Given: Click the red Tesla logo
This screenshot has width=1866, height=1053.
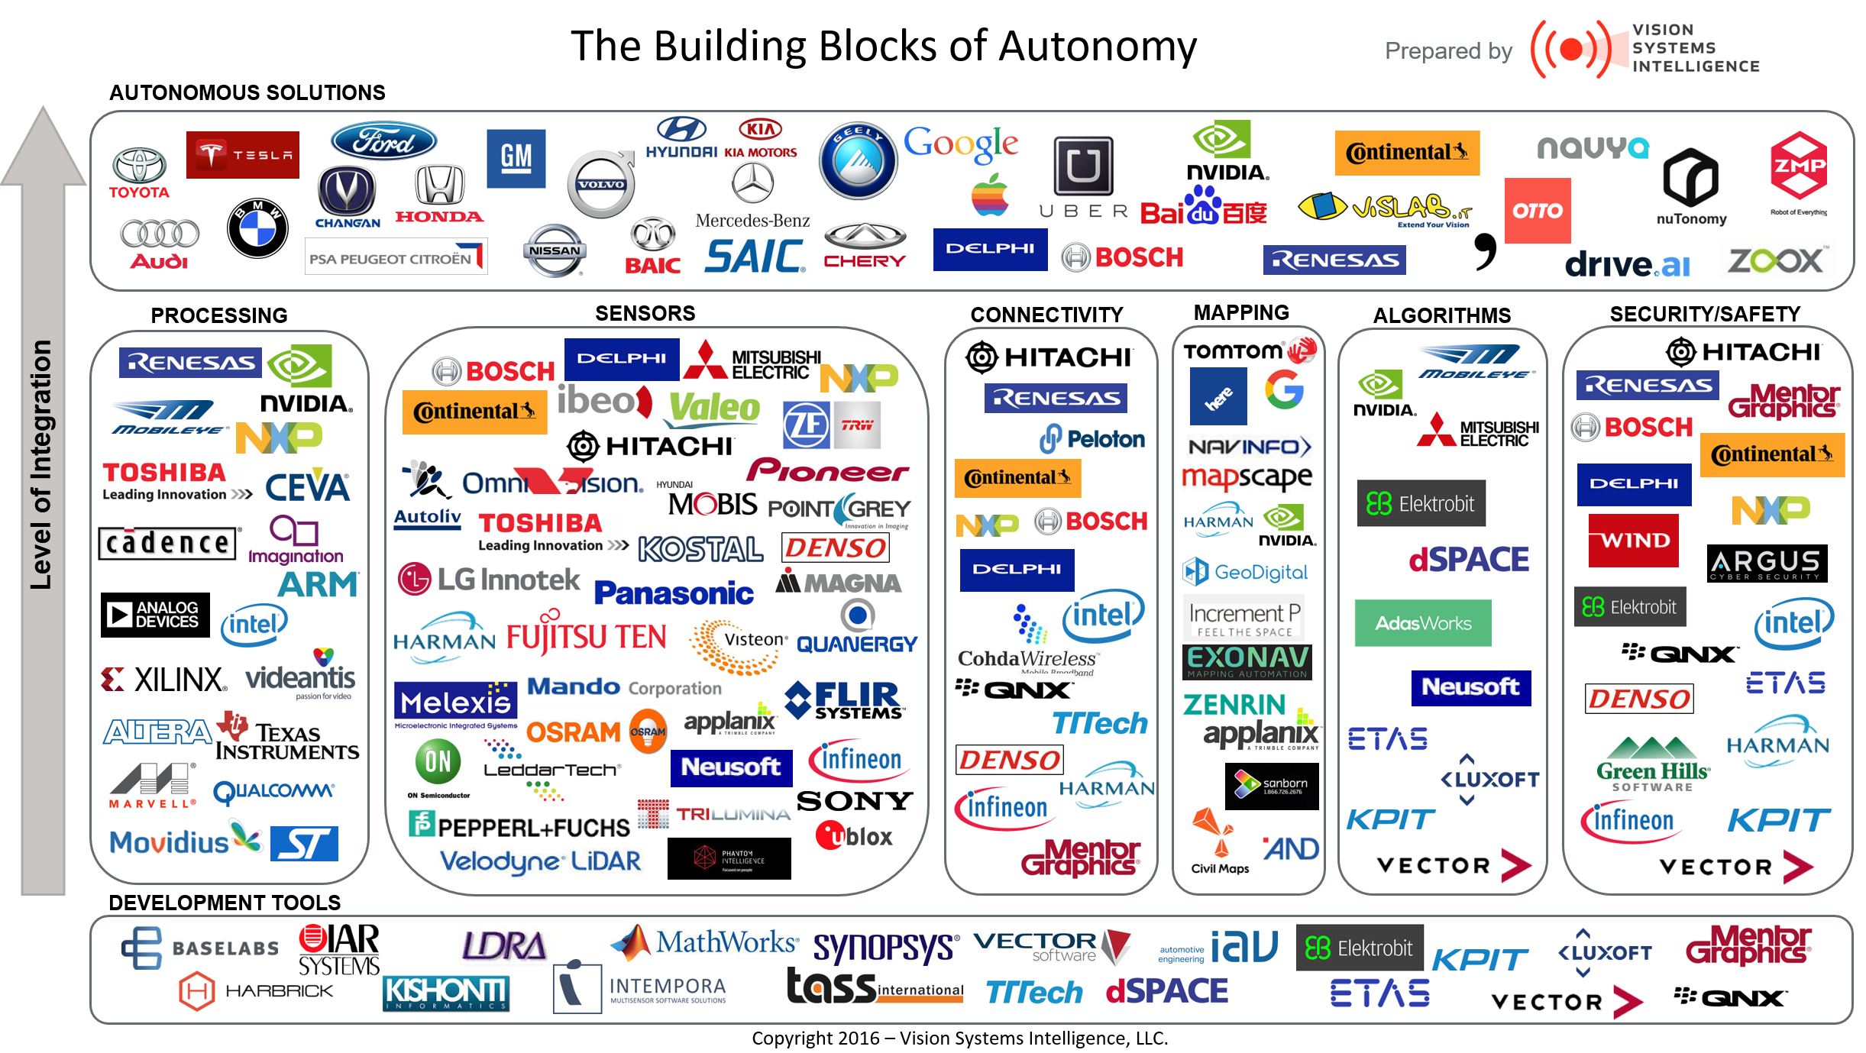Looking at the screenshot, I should click(242, 155).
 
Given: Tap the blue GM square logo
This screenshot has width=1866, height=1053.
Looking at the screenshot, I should click(516, 158).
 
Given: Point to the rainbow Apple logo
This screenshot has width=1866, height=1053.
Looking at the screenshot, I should click(990, 195).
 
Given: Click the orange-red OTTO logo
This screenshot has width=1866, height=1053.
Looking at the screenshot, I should click(1537, 211).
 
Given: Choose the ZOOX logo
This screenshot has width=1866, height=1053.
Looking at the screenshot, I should click(1776, 261).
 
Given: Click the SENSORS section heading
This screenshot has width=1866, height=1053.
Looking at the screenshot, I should click(645, 313).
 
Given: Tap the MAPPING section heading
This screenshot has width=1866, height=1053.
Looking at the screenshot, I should click(1240, 312).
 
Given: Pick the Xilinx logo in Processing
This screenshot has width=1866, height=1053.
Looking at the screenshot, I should click(164, 679).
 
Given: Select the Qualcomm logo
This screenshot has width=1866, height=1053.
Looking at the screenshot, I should click(273, 792).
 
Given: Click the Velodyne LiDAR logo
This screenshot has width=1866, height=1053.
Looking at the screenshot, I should click(540, 861).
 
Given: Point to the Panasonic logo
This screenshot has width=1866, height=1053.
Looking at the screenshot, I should click(674, 593).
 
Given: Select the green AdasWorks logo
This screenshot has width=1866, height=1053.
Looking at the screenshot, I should click(1422, 623).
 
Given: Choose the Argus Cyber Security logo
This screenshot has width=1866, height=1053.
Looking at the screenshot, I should click(1766, 564).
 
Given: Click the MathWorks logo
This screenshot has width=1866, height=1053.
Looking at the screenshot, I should click(706, 943).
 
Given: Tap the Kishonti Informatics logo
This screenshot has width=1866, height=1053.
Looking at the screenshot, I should click(445, 993).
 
